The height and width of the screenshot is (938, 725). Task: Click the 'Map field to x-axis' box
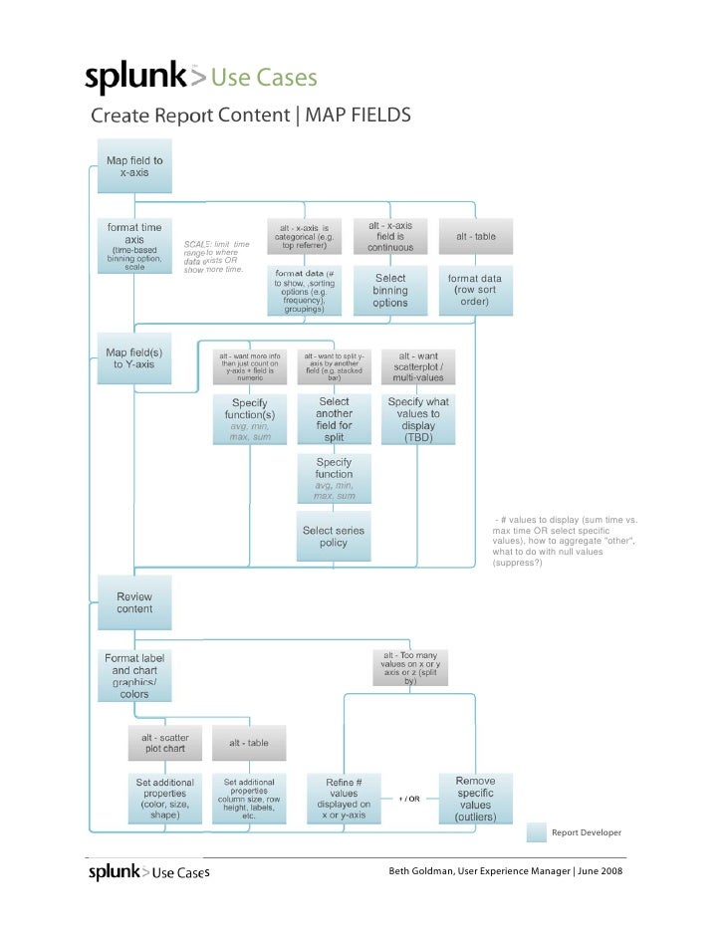[134, 166]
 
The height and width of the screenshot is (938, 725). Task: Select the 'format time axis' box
[134, 246]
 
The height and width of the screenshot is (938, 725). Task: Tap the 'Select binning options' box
[390, 290]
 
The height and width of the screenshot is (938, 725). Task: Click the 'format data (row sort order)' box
[476, 290]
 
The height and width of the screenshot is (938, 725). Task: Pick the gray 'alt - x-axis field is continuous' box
[390, 236]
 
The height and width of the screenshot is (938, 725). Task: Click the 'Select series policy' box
[334, 537]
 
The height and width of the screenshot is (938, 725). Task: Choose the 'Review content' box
[134, 602]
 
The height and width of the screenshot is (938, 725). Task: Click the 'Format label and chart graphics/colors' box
[134, 675]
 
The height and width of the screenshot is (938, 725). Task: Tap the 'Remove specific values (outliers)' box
[476, 799]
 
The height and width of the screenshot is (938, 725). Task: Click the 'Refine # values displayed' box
[345, 799]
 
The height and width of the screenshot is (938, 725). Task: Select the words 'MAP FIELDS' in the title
[358, 116]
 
